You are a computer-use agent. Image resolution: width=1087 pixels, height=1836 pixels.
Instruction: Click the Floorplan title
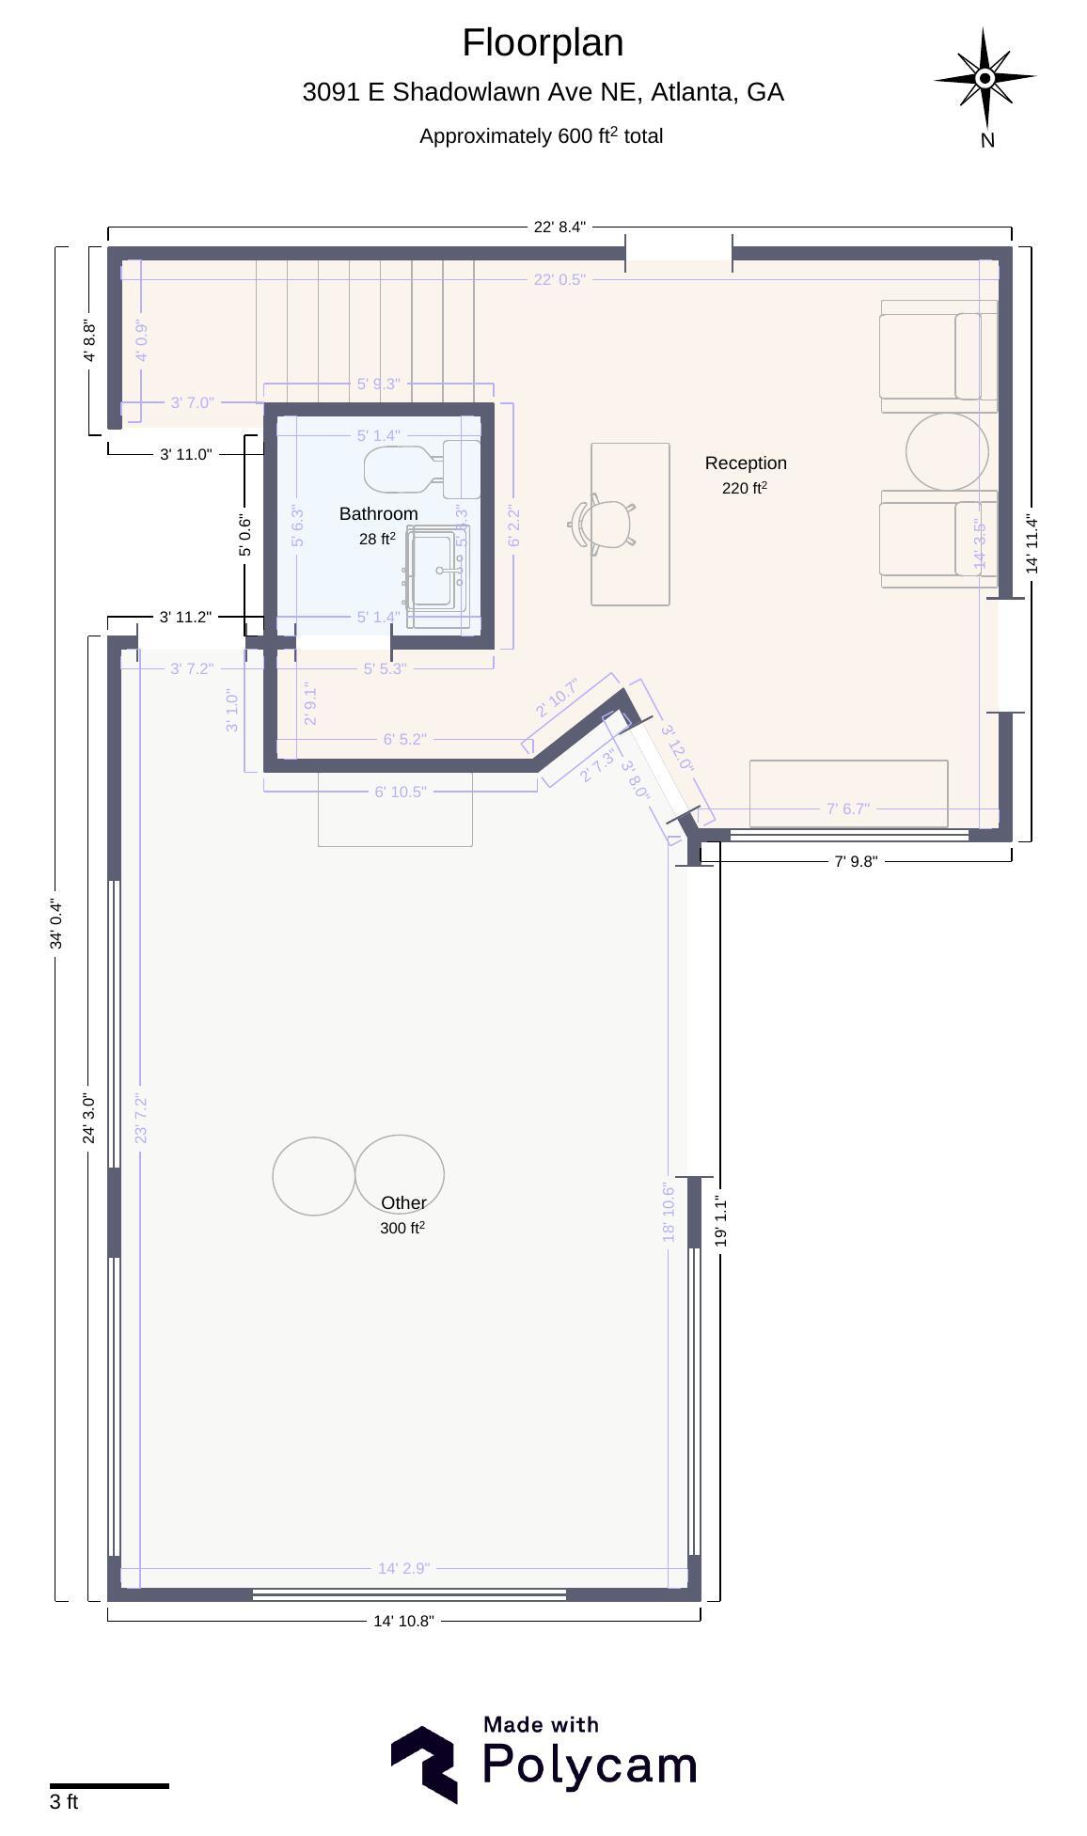543,43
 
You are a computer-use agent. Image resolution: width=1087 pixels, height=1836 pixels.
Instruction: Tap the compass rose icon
985,79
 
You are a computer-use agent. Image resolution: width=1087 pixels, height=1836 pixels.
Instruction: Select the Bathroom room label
378,513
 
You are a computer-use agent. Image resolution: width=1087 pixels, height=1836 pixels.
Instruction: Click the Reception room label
746,463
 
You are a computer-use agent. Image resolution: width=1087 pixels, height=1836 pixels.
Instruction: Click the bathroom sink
437,570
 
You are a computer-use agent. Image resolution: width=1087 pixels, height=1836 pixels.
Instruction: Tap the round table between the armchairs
947,451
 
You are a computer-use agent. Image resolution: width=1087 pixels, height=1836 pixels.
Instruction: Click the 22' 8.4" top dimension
559,227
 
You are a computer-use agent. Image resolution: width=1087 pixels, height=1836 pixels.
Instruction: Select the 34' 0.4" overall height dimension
56,924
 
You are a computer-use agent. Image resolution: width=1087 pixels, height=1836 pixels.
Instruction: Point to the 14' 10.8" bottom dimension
403,1621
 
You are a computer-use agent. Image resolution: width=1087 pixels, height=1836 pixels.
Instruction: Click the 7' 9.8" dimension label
856,861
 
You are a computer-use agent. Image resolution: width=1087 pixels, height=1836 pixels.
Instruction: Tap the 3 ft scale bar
109,1785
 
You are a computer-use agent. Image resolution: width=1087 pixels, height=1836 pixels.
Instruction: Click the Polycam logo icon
424,1765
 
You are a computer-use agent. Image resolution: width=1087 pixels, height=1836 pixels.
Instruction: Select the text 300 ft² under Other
402,1228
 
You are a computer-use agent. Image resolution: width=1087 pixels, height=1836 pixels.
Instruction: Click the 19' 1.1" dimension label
721,1221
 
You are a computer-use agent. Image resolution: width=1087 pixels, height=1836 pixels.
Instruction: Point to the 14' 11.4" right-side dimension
1032,543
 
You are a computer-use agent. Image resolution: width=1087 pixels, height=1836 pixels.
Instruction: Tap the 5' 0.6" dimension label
245,535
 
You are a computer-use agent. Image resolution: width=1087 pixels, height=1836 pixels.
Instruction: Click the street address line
543,92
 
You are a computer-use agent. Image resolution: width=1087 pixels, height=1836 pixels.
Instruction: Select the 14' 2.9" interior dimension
403,1568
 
